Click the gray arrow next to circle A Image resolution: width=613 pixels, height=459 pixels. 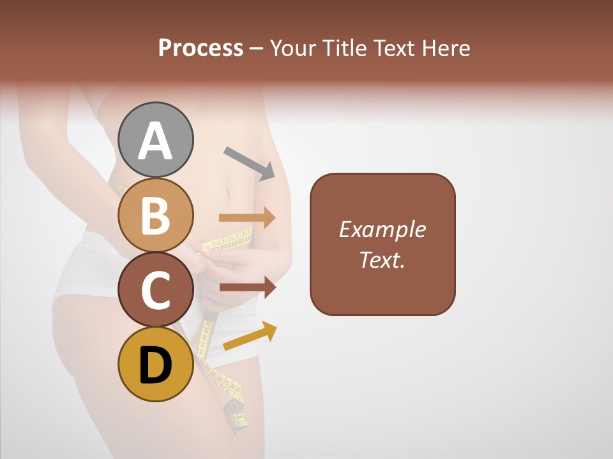[x=249, y=163]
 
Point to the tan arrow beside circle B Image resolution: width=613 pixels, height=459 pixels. [x=247, y=217]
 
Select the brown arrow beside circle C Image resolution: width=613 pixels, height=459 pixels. [x=248, y=287]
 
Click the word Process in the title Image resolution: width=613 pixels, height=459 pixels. [x=201, y=48]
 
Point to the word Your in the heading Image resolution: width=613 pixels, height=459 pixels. [x=292, y=48]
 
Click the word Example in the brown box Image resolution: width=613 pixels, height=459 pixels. [x=382, y=229]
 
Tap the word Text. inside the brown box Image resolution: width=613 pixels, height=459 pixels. [x=382, y=259]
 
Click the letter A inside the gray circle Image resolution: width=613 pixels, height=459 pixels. [x=156, y=141]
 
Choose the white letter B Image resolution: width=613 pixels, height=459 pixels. [x=156, y=215]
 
